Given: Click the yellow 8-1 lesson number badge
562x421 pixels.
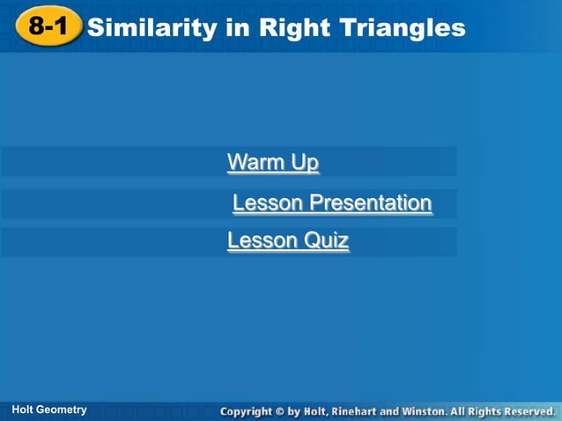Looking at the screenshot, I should pyautogui.click(x=48, y=27).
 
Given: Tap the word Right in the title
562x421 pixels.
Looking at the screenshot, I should pyautogui.click(x=292, y=28).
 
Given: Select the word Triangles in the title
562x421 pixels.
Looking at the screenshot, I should pyautogui.click(x=399, y=28).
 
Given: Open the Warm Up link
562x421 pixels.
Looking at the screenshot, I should pyautogui.click(x=273, y=163).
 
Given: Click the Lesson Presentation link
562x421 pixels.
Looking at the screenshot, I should pyautogui.click(x=332, y=203).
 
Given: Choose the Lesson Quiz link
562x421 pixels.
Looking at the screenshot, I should pyautogui.click(x=288, y=240).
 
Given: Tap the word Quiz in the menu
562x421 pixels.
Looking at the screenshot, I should pyautogui.click(x=327, y=240).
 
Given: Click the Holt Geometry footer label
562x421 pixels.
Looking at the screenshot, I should pyautogui.click(x=49, y=410).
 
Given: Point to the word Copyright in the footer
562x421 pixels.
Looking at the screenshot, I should pyautogui.click(x=251, y=411).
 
